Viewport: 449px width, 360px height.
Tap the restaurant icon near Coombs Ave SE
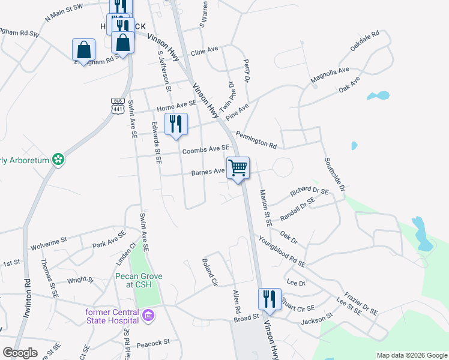[x=176, y=124]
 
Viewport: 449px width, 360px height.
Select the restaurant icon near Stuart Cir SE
[x=270, y=299]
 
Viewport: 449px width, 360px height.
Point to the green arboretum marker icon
[x=58, y=160]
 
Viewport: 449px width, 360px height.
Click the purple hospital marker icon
[x=148, y=314]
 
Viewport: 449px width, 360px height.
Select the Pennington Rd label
[x=256, y=140]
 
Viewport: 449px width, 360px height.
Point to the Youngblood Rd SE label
[x=282, y=251]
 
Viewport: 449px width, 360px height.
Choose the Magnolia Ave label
[x=330, y=75]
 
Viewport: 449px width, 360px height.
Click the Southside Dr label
[x=334, y=175]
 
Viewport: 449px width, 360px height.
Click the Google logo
[x=20, y=353]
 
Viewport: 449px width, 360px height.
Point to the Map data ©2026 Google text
[x=411, y=355]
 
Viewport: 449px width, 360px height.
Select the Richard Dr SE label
[x=309, y=192]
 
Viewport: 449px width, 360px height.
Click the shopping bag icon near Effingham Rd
[x=83, y=50]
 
